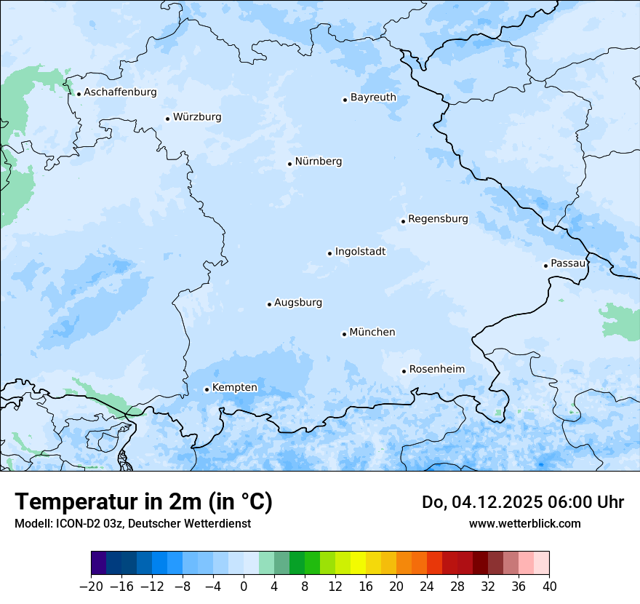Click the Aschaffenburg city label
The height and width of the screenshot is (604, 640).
[120, 92]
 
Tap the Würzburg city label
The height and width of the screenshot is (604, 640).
[197, 117]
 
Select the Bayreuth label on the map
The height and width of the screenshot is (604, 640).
[373, 98]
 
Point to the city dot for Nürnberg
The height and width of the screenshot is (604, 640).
[289, 164]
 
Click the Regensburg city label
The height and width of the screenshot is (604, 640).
[438, 219]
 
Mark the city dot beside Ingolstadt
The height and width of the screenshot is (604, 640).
[329, 254]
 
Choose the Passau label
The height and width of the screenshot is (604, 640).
[568, 263]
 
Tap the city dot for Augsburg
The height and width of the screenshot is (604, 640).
[269, 305]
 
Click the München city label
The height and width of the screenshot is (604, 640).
[372, 333]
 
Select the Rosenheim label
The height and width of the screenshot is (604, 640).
[436, 370]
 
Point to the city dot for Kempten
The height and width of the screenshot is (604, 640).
[207, 389]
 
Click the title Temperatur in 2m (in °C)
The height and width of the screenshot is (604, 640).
[143, 502]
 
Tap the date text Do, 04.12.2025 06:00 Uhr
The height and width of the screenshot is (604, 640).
[523, 502]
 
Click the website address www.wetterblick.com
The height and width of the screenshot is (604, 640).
[524, 523]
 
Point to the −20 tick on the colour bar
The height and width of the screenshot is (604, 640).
[91, 586]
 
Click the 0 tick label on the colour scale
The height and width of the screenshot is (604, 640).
[244, 586]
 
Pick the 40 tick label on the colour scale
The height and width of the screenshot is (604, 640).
[549, 586]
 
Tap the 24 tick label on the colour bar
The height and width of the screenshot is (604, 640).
[427, 586]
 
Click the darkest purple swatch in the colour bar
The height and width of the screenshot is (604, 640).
[99, 563]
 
